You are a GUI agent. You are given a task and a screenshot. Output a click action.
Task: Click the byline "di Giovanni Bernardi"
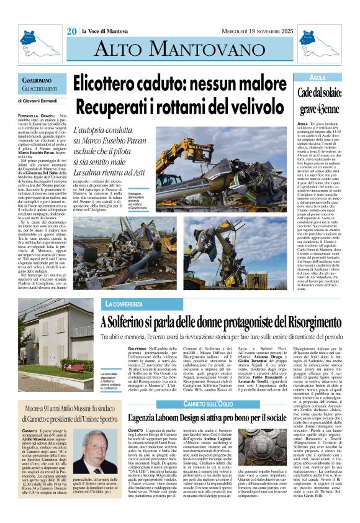point(44,100)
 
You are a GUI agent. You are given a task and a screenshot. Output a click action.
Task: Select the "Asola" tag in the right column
point(317,78)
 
